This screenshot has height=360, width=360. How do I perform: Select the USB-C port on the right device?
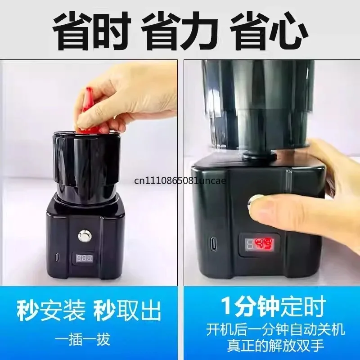click(x=212, y=243)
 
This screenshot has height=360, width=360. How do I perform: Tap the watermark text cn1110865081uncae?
click(x=180, y=181)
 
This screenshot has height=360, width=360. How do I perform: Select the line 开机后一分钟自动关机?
click(x=275, y=330)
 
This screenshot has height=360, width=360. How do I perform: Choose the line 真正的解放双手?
click(x=275, y=346)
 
